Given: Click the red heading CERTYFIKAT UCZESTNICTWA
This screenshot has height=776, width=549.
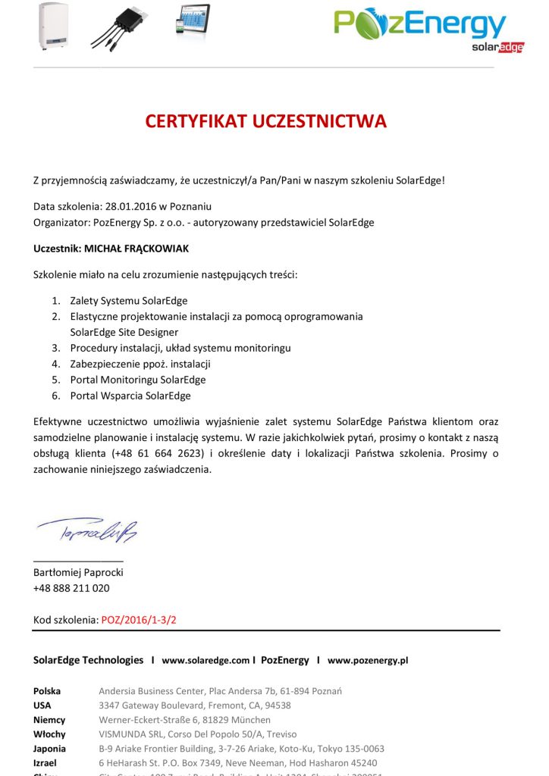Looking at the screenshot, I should [266, 121].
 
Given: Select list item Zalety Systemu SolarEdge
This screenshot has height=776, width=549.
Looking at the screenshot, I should [129, 300].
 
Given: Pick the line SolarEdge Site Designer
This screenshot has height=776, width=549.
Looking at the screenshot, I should [124, 332].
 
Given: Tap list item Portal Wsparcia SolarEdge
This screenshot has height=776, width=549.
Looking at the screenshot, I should [130, 396].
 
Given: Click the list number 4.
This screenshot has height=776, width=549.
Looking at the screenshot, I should [55, 364].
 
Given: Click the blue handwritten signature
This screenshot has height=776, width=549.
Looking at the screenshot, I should [86, 532].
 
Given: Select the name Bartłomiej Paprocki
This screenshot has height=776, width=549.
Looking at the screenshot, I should [78, 572].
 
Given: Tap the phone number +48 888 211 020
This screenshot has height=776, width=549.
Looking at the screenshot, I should [71, 588].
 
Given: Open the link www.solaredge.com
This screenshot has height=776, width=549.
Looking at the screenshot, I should [205, 660].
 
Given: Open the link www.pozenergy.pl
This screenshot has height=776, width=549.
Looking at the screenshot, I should [368, 660].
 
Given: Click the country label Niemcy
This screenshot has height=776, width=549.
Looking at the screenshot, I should [49, 720].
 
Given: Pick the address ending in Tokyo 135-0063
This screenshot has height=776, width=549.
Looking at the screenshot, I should [241, 749].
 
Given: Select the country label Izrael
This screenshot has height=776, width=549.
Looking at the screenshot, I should [45, 763].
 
